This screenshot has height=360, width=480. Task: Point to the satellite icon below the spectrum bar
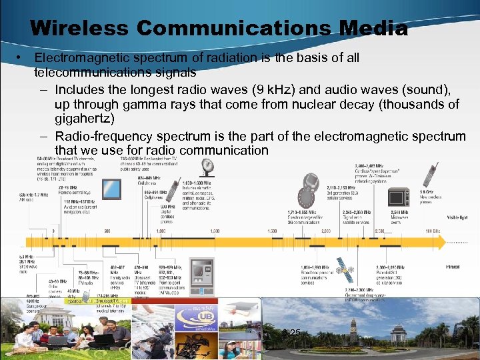pyautogui.click(x=344, y=269)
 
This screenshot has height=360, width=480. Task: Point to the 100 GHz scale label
pyautogui.click(x=433, y=230)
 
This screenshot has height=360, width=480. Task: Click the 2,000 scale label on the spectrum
pyautogui.click(x=326, y=230)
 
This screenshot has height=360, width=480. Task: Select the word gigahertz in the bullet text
pyautogui.click(x=85, y=119)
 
